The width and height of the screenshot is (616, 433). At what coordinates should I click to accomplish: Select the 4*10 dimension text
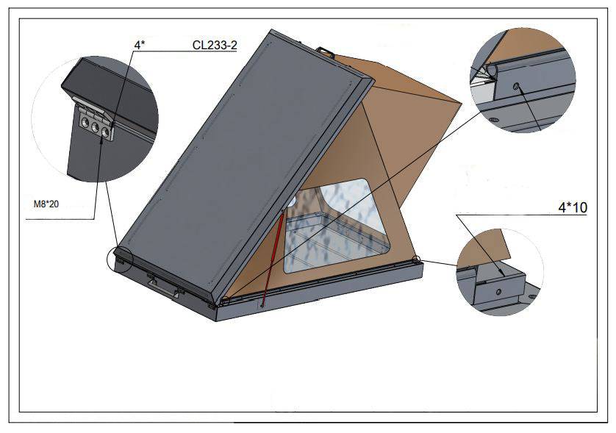(x=573, y=208)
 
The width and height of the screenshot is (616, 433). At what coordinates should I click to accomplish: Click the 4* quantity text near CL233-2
(x=138, y=45)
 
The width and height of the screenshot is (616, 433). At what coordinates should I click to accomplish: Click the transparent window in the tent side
(x=335, y=224)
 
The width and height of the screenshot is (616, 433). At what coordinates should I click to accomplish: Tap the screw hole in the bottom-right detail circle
(x=498, y=292)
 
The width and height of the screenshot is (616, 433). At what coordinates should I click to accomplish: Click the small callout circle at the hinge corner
(x=118, y=259)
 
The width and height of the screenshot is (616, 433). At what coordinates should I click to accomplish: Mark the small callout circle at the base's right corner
(x=416, y=259)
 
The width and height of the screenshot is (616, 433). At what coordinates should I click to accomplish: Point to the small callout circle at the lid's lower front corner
(x=223, y=301)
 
